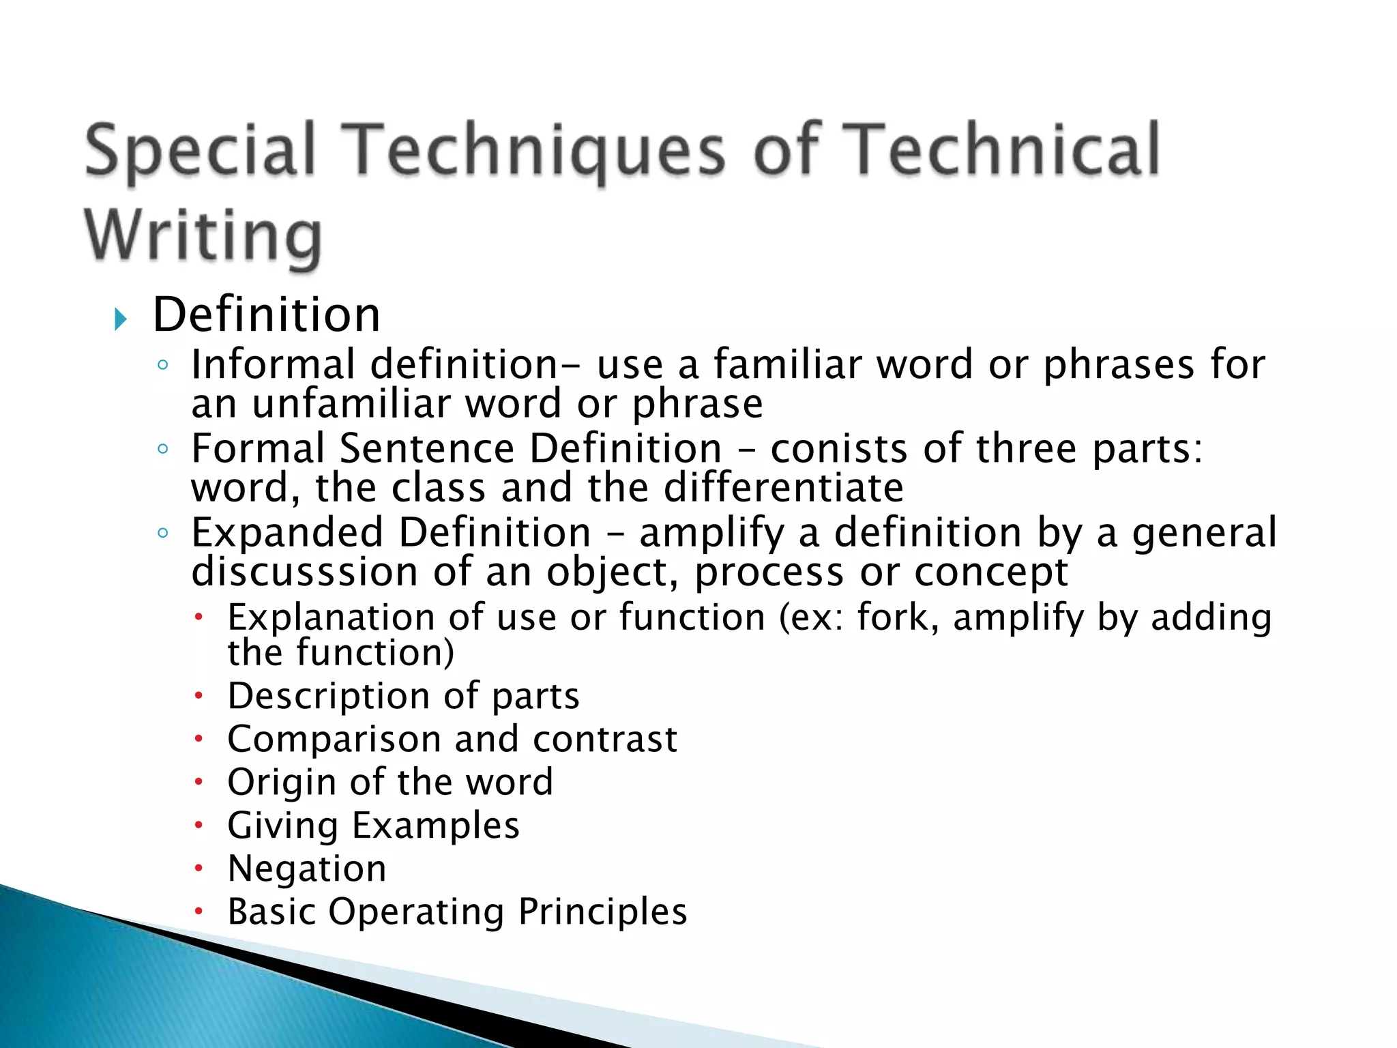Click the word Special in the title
(201, 150)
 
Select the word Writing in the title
(203, 235)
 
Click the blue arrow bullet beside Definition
(121, 319)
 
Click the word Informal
(274, 364)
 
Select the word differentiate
(784, 488)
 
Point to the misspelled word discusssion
(304, 572)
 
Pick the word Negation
(307, 869)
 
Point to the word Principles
(602, 912)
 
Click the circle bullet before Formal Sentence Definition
(162, 449)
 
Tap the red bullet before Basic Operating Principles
(198, 912)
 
